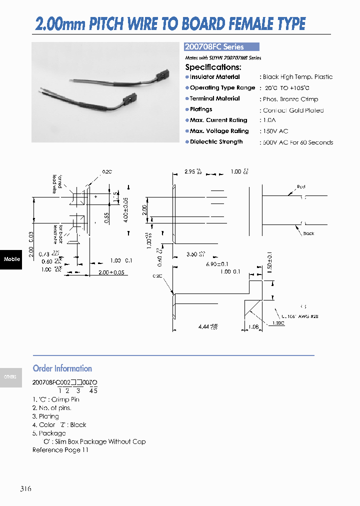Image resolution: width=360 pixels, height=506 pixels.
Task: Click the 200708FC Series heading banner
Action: pyautogui.click(x=221, y=47)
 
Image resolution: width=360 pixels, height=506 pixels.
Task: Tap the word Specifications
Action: pyautogui.click(x=213, y=67)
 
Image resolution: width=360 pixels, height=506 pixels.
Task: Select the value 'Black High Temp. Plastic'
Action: pyautogui.click(x=297, y=77)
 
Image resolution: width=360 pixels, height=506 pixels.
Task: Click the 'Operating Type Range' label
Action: pyautogui.click(x=222, y=88)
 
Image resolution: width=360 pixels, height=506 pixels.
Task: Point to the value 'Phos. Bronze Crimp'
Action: pyautogui.click(x=290, y=99)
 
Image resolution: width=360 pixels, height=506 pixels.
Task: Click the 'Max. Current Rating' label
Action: pyautogui.click(x=218, y=120)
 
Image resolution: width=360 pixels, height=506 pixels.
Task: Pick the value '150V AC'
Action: pyautogui.click(x=275, y=131)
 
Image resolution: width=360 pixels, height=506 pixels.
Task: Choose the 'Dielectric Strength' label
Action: pyautogui.click(x=216, y=142)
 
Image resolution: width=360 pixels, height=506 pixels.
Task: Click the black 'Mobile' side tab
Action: pyautogui.click(x=11, y=259)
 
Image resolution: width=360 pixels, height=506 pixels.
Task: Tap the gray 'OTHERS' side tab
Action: pyautogui.click(x=10, y=377)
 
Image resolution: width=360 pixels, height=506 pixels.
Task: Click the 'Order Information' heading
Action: pyautogui.click(x=62, y=368)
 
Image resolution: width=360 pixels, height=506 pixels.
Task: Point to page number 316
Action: pyautogui.click(x=26, y=488)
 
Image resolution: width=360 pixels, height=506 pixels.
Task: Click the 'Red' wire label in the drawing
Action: pyautogui.click(x=301, y=186)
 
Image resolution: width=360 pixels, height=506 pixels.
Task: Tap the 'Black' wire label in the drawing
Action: pyautogui.click(x=308, y=233)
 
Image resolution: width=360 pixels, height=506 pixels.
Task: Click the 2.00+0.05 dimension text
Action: pyautogui.click(x=111, y=272)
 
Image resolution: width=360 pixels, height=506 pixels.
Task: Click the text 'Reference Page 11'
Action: pyautogui.click(x=60, y=450)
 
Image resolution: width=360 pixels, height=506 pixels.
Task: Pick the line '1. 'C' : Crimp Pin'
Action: pyautogui.click(x=56, y=399)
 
